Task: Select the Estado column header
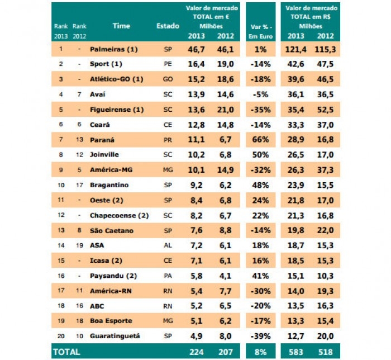point(168,26)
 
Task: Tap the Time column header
point(121,26)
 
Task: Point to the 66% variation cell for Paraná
point(260,139)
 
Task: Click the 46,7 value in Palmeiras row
point(196,49)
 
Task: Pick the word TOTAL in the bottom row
point(66,352)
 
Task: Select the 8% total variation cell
point(261,352)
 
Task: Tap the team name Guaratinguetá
point(115,336)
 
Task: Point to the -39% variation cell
point(260,336)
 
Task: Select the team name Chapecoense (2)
point(119,215)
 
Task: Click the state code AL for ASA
point(168,245)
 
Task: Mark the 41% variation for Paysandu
point(260,276)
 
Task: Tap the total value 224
point(196,352)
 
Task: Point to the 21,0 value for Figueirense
point(225,109)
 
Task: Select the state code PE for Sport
point(168,64)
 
